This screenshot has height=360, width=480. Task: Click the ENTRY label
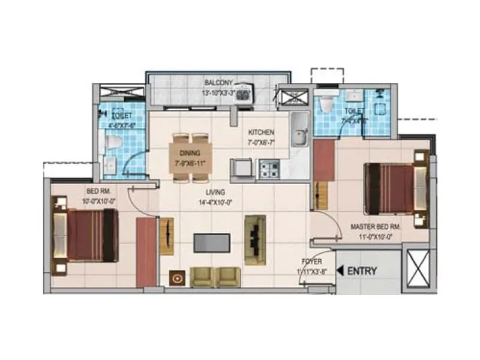[x=362, y=271]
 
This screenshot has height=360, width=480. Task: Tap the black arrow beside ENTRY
[x=341, y=271]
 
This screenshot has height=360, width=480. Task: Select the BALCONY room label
[x=218, y=83]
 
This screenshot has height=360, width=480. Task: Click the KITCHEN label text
[x=261, y=132]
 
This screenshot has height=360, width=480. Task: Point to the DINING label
[x=186, y=154]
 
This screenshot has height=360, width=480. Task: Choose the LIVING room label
[x=215, y=192]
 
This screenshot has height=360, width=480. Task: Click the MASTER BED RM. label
[x=376, y=227]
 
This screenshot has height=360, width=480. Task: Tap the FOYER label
[x=312, y=262]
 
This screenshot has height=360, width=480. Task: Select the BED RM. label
[x=95, y=191]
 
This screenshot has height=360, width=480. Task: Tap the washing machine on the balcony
[x=244, y=94]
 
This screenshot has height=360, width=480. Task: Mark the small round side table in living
[x=178, y=277]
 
